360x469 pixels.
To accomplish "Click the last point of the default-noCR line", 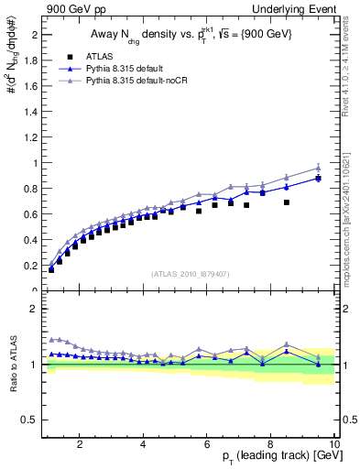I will click(x=318, y=168).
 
